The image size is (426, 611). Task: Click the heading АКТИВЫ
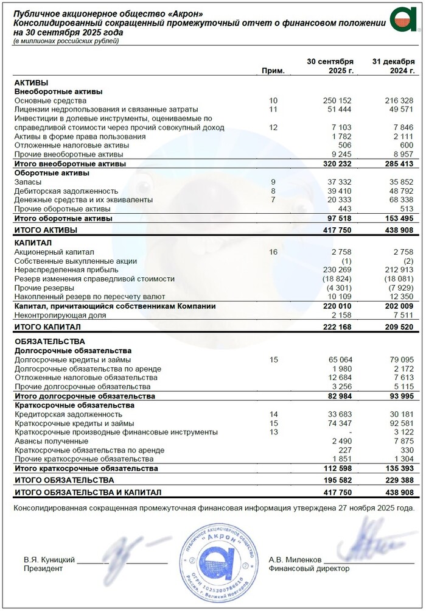click(x=31, y=82)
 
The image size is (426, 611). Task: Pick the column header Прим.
click(x=273, y=71)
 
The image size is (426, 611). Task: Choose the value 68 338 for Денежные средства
click(x=399, y=200)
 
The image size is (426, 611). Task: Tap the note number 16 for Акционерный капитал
click(x=273, y=251)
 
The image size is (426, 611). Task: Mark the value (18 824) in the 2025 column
click(x=337, y=278)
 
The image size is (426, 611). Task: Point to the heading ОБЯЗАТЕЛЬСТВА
click(x=49, y=342)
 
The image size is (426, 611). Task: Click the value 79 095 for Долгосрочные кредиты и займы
click(x=399, y=360)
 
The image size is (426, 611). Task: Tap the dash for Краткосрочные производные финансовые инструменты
click(x=350, y=432)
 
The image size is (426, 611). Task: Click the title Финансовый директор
click(x=309, y=568)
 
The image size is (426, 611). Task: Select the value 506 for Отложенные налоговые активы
click(x=344, y=146)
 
